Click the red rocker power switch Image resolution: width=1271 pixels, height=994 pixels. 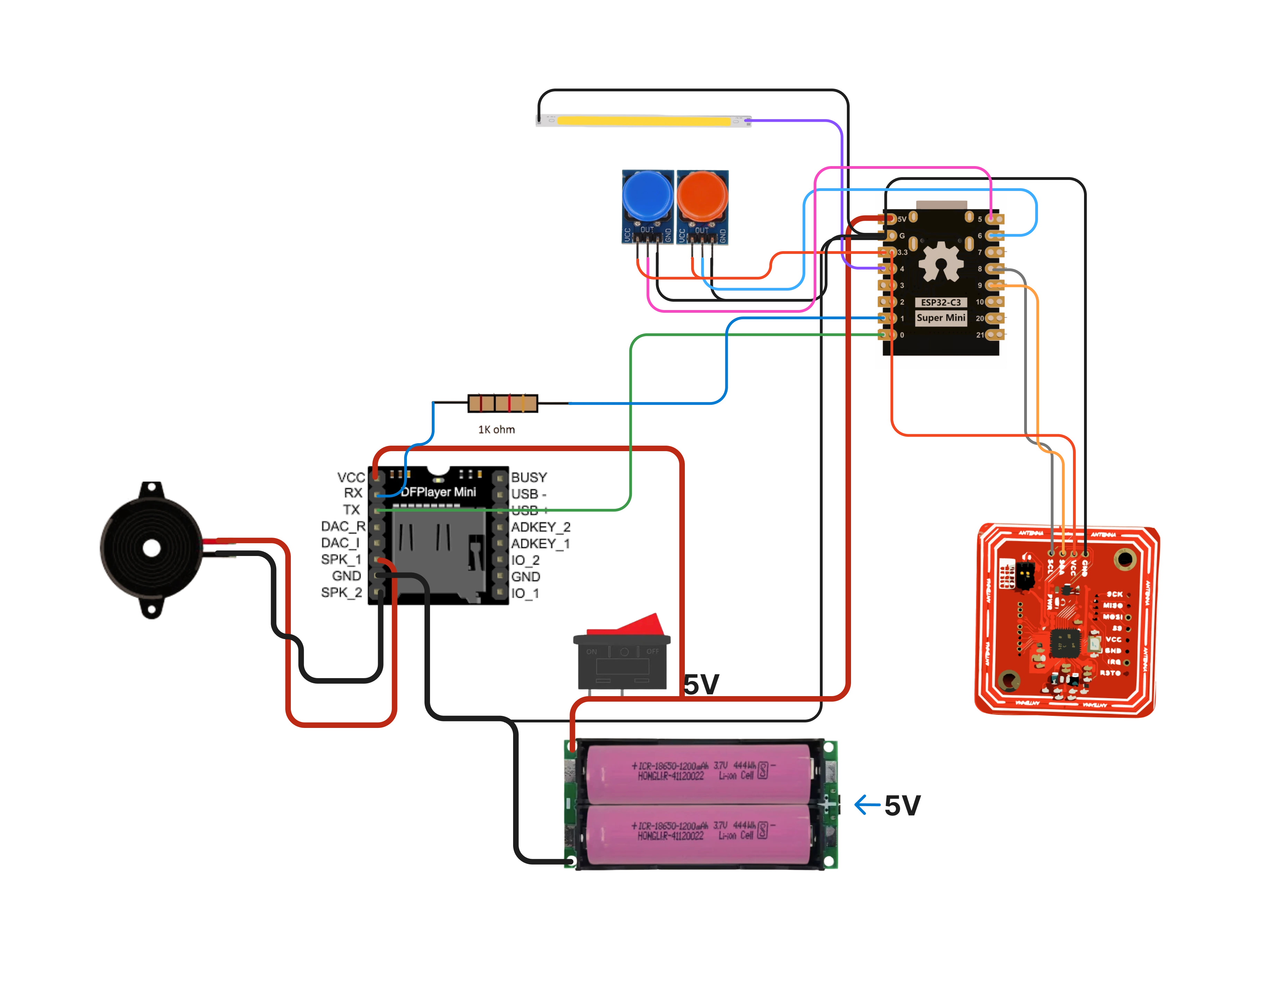622,655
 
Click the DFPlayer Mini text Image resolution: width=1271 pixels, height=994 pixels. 438,492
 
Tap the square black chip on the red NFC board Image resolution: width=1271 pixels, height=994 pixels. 1065,643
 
